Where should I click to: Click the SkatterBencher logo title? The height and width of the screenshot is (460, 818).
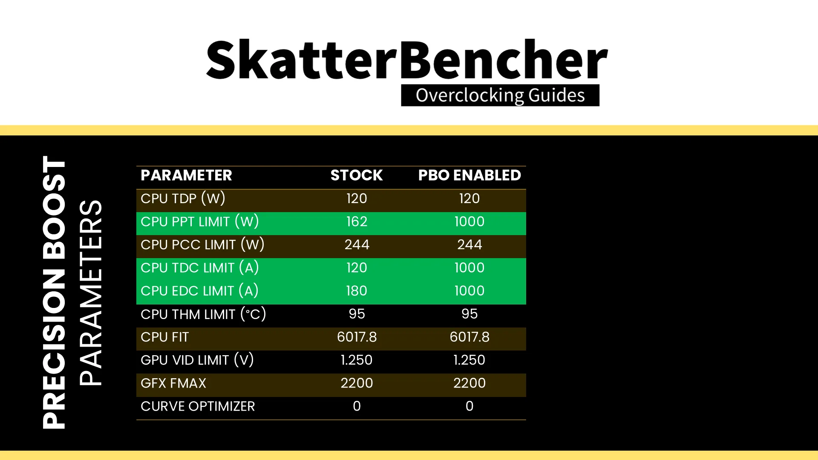[407, 60]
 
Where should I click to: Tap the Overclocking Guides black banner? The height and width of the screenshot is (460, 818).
[500, 95]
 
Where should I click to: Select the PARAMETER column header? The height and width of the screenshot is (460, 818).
[186, 175]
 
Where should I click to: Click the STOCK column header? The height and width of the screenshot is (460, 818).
[357, 175]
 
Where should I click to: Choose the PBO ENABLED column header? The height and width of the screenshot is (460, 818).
[469, 175]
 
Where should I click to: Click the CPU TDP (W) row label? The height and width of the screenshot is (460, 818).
[183, 198]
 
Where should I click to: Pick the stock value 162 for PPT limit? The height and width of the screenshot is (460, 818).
[357, 221]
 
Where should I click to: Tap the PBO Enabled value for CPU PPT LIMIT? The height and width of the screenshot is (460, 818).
[469, 221]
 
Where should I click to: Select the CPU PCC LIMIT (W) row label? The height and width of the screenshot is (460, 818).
[202, 244]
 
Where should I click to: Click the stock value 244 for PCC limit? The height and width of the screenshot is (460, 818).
[357, 244]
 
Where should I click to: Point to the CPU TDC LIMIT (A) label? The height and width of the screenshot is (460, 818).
[200, 267]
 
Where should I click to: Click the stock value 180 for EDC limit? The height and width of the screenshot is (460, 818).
[357, 291]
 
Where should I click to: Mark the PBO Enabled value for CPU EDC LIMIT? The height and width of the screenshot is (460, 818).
[469, 291]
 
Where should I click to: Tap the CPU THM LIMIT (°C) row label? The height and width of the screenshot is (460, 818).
[203, 314]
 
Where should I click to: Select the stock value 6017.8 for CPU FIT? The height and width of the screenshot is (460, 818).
[357, 337]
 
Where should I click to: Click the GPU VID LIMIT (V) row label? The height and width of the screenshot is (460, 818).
[197, 360]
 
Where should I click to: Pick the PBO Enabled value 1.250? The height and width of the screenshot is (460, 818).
[469, 360]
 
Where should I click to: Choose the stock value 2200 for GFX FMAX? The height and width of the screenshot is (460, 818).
[357, 383]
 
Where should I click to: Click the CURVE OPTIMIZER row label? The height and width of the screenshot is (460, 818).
[198, 406]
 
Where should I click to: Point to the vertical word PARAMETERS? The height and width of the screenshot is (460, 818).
[91, 293]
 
